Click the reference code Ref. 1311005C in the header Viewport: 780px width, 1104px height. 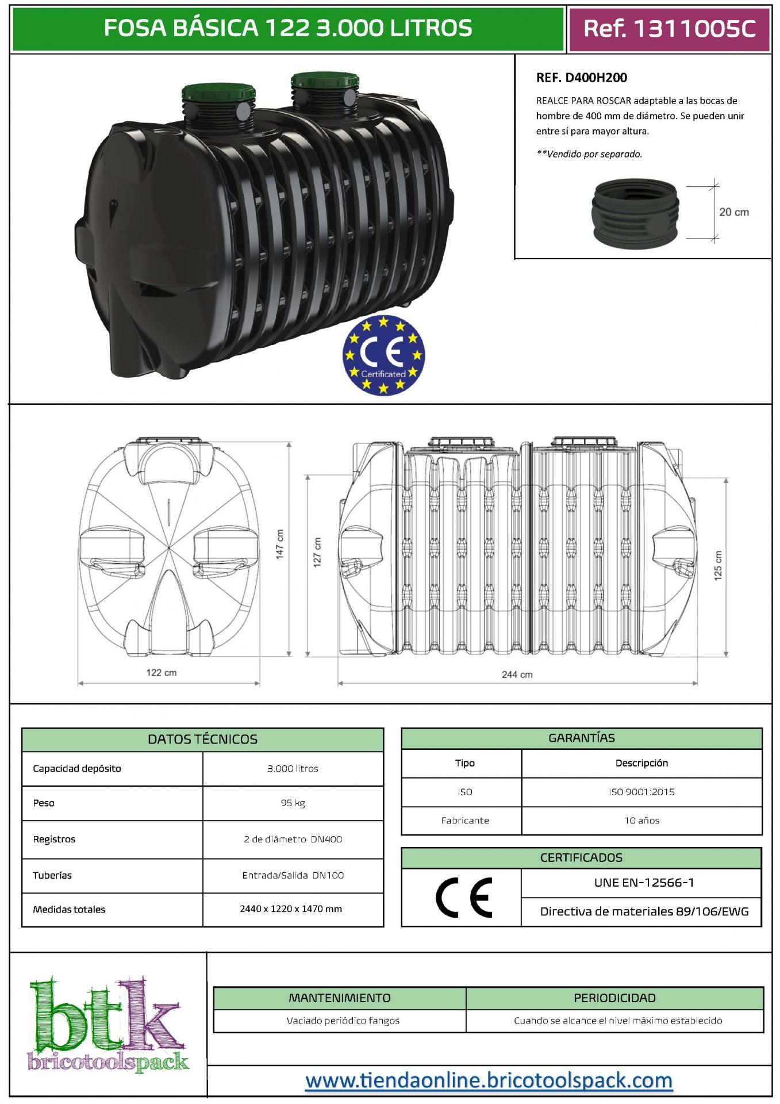669,28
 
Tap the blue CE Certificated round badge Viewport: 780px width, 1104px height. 383,355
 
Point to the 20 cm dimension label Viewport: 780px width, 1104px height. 734,212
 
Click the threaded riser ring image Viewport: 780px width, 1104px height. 635,211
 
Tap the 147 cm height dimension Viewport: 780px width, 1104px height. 280,544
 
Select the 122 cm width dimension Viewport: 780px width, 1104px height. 162,672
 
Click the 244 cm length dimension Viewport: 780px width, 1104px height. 517,674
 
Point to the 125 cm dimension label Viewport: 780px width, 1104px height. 718,566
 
